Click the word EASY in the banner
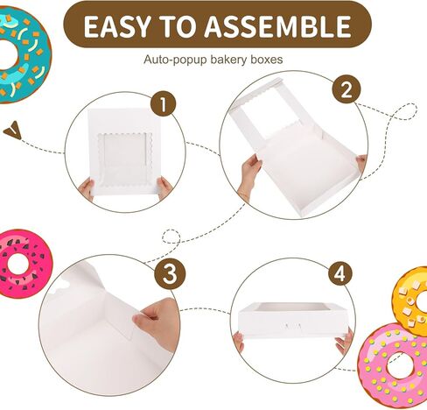[120, 26]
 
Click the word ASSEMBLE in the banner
[279, 26]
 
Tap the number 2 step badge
[346, 88]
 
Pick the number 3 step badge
[170, 275]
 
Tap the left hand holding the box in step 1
[87, 188]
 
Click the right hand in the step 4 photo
[346, 341]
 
